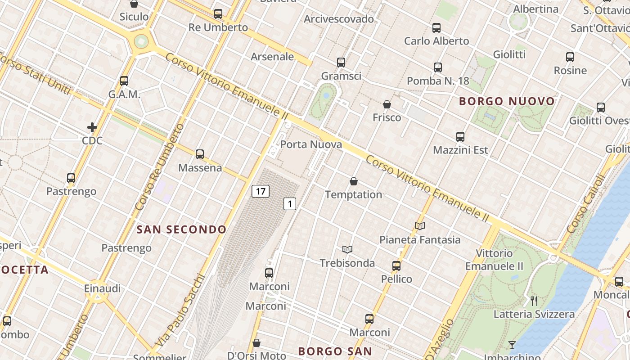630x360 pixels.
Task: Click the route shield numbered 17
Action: click(x=260, y=191)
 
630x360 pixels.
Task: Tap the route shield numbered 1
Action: click(x=290, y=204)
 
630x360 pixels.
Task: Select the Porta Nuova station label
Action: click(x=311, y=144)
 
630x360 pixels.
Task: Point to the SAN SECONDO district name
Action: click(x=182, y=229)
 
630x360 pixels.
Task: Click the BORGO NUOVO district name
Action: click(x=507, y=101)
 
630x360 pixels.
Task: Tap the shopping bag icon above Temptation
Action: click(x=354, y=181)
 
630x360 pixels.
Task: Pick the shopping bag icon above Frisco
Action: click(x=387, y=104)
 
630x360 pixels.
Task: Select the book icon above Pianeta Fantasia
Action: click(x=420, y=226)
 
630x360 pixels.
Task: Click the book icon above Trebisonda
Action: click(x=347, y=249)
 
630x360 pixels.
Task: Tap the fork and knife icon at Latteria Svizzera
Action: click(x=534, y=301)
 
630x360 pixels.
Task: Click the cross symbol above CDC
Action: click(x=92, y=127)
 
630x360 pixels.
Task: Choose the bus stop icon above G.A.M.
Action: click(x=124, y=81)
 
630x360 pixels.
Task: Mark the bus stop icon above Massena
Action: click(x=200, y=154)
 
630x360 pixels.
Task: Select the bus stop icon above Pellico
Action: click(x=396, y=266)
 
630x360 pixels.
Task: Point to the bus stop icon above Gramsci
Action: click(x=341, y=63)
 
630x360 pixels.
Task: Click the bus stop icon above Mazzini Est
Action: click(x=460, y=136)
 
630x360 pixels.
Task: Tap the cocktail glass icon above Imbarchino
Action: click(x=512, y=345)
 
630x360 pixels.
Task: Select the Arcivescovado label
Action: click(x=339, y=19)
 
